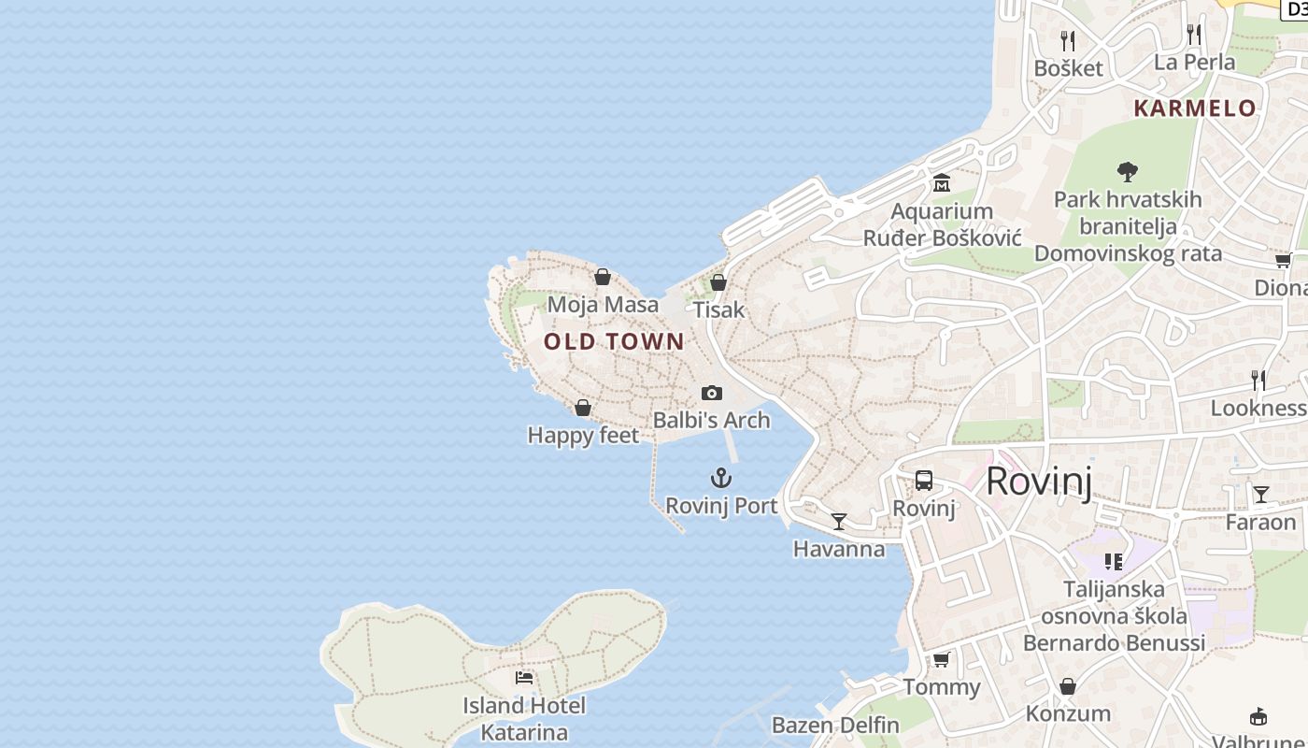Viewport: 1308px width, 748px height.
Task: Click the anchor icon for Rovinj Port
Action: point(720,479)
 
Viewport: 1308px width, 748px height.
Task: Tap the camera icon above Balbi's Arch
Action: point(712,393)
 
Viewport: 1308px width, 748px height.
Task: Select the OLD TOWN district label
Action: point(614,341)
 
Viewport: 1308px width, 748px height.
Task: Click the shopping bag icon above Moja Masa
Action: point(603,277)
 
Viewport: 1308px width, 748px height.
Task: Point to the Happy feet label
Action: point(583,435)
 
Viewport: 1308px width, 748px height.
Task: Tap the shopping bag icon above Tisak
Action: point(718,281)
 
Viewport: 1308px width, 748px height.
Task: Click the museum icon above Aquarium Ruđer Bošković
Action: point(941,182)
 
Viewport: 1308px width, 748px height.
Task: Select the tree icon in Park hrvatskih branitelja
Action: point(1128,171)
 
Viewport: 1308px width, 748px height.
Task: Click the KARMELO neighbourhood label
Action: point(1195,108)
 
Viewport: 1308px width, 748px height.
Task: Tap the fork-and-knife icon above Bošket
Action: point(1068,40)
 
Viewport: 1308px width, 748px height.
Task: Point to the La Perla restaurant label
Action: point(1194,62)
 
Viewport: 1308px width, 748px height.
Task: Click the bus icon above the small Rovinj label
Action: point(924,481)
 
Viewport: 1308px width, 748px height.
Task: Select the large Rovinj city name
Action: point(1038,481)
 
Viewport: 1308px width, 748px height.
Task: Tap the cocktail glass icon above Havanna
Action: point(839,521)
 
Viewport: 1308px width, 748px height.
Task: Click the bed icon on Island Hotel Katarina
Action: point(524,677)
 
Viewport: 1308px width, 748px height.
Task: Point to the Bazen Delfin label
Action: point(835,725)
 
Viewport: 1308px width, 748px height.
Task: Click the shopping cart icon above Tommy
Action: point(941,659)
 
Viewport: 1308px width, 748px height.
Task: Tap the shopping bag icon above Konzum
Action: point(1068,686)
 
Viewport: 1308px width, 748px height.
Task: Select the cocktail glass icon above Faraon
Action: point(1261,494)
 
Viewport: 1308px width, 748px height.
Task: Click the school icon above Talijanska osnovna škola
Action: point(1113,561)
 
